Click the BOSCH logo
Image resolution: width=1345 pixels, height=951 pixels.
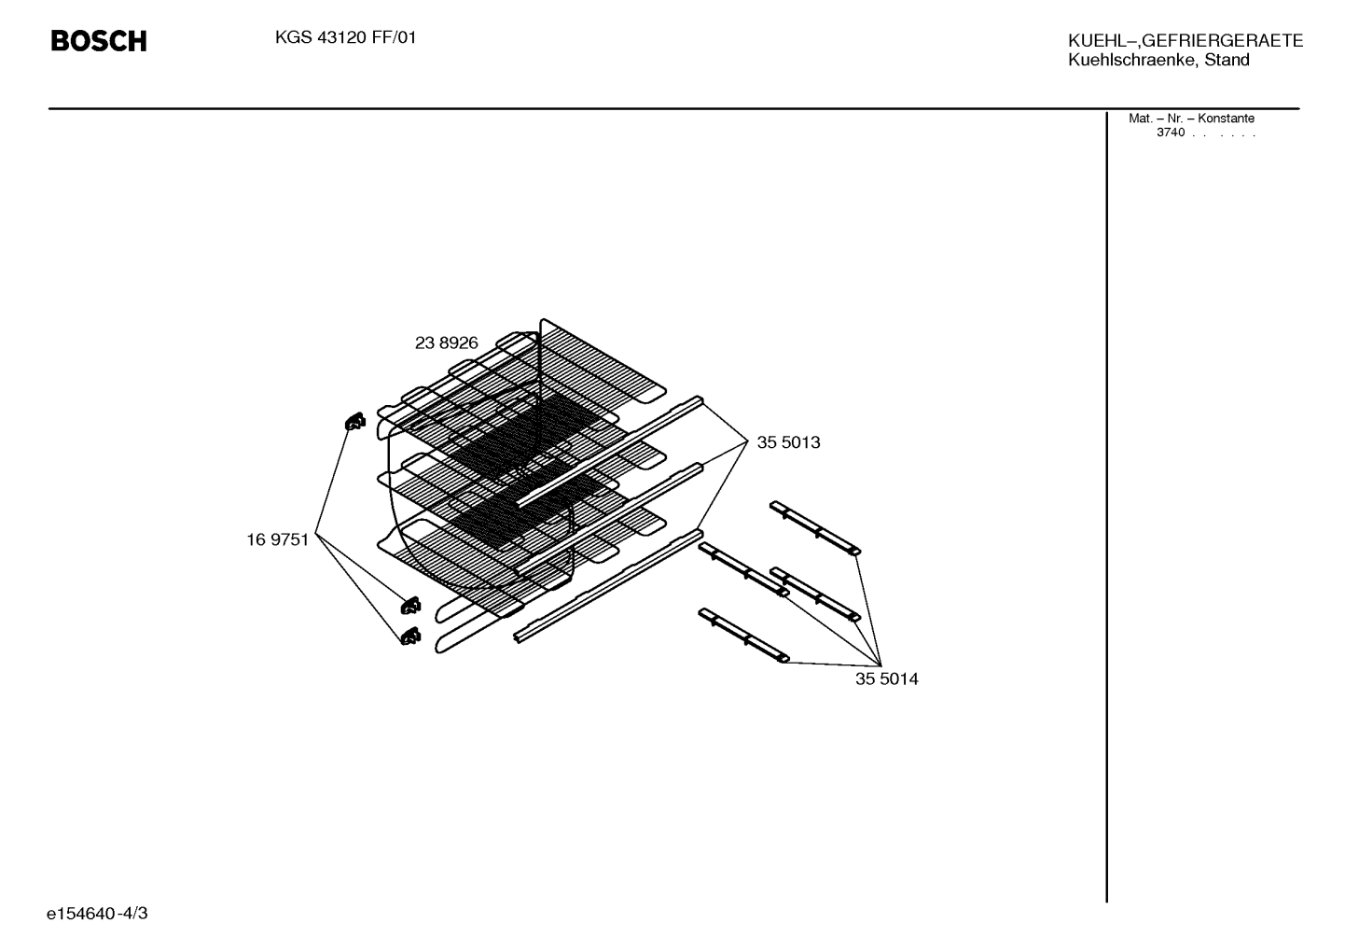[99, 41]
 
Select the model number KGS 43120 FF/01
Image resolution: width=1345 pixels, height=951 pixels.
[345, 38]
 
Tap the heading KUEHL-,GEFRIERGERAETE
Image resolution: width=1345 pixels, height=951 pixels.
[1186, 41]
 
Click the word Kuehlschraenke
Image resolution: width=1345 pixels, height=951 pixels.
[1133, 60]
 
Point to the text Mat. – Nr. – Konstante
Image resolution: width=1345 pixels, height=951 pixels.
[1191, 119]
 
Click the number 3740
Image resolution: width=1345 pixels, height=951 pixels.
[1171, 133]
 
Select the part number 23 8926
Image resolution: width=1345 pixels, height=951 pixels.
[446, 343]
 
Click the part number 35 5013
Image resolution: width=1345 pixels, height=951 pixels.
[788, 442]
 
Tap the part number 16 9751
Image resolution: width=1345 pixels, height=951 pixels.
[277, 540]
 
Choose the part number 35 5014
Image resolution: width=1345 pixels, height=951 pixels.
[886, 679]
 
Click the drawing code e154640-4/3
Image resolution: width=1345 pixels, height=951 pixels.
[97, 914]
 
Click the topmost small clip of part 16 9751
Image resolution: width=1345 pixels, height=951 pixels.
[354, 421]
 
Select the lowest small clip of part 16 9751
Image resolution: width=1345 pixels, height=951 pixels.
[410, 636]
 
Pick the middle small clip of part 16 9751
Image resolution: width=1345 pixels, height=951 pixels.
[410, 606]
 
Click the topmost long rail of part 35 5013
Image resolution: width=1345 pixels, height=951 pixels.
[610, 452]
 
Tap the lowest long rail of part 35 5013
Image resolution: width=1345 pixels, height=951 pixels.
[608, 586]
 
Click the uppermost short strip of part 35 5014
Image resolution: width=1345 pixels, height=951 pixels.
[815, 528]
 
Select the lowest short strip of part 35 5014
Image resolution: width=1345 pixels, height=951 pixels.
[743, 636]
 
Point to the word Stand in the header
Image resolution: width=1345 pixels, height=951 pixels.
[1227, 60]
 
